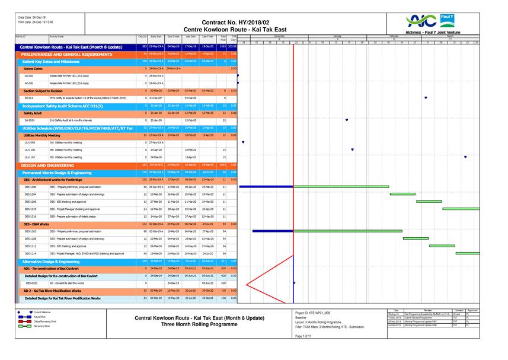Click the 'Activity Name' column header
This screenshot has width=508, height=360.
point(57,37)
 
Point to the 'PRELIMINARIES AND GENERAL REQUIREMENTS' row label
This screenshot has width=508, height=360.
point(63,54)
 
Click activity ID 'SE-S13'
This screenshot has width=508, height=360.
point(29,98)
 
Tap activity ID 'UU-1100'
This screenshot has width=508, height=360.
point(30,149)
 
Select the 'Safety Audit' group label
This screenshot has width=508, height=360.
point(33,113)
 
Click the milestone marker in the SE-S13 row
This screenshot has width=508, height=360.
point(426,98)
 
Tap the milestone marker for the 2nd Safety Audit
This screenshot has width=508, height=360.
point(347,120)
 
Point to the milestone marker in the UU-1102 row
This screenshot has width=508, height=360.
point(465,157)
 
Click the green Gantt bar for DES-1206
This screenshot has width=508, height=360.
point(429,202)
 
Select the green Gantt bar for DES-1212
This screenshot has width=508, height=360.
point(442,246)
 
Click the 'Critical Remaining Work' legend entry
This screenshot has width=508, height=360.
point(44,321)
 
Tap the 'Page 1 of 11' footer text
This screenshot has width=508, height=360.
point(306,336)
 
